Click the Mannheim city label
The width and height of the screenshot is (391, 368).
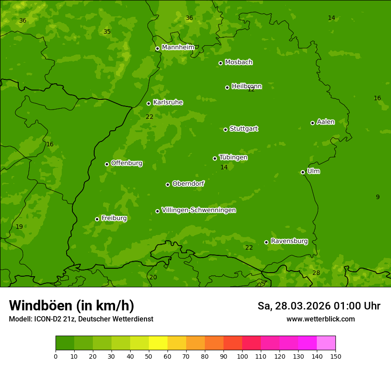click(x=178, y=47)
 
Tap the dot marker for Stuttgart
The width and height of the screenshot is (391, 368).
click(x=226, y=129)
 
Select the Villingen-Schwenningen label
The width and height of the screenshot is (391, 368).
click(x=199, y=210)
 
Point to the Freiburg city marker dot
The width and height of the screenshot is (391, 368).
click(x=97, y=219)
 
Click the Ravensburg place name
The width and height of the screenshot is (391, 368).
click(x=289, y=241)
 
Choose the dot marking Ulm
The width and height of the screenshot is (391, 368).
click(x=303, y=172)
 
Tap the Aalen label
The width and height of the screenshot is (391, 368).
click(x=326, y=122)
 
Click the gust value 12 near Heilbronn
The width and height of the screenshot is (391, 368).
click(x=251, y=89)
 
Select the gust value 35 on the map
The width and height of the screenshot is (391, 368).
click(x=107, y=31)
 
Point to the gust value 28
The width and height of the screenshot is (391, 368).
click(x=316, y=273)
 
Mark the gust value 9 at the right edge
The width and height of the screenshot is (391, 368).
click(x=378, y=197)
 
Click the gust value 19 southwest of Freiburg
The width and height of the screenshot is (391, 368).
click(x=19, y=227)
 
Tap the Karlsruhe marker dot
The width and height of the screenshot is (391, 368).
click(x=149, y=103)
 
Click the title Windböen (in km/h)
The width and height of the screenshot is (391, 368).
click(x=72, y=305)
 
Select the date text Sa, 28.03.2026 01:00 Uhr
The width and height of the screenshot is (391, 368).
click(x=319, y=306)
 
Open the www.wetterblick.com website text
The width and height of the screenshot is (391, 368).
click(x=320, y=319)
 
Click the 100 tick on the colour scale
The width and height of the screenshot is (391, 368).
click(x=242, y=356)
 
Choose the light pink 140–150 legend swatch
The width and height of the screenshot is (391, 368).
click(x=326, y=343)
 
